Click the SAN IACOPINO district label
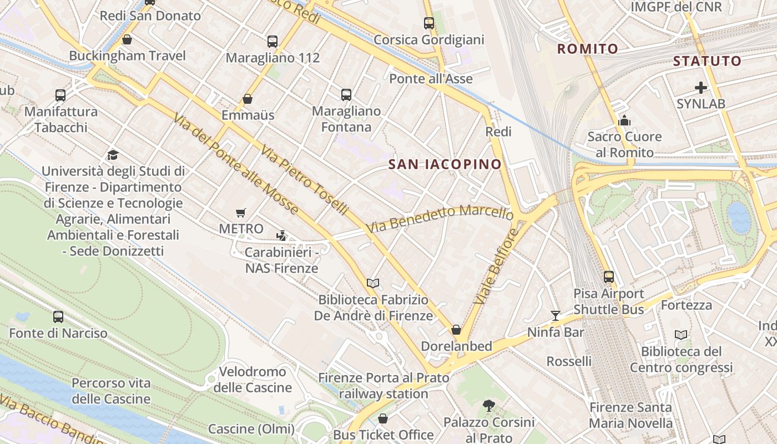point(445,164)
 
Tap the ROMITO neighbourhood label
point(587,49)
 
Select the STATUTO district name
point(707,61)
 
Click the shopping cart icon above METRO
point(241,213)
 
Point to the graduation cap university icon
point(113,155)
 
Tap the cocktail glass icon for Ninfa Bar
point(556,316)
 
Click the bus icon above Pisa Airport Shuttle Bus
point(609,276)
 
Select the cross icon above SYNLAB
point(701,88)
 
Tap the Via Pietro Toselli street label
point(305,181)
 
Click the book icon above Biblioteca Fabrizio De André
point(373,284)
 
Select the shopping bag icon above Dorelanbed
point(456,330)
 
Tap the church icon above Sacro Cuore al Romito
point(624,120)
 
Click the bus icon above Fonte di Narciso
point(58,317)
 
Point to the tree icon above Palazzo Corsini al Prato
point(489,406)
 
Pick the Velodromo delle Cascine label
point(253,380)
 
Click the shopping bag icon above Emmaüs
point(248,99)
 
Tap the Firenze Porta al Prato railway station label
point(384,386)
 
